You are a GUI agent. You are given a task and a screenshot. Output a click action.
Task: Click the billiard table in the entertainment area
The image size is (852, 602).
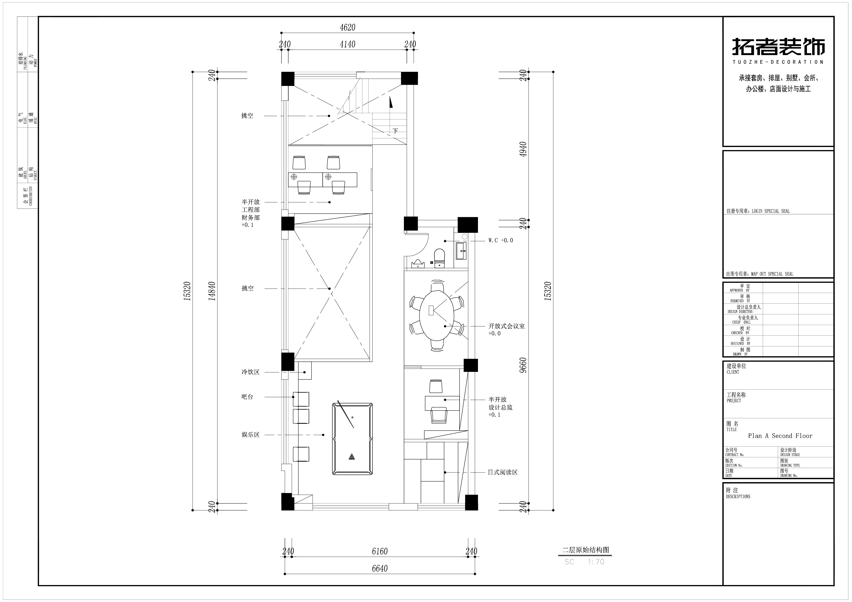coord(352,439)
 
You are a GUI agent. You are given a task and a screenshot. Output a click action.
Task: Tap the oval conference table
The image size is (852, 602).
coord(437,316)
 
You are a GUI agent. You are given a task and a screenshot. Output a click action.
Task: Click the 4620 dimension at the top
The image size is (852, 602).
coord(347,27)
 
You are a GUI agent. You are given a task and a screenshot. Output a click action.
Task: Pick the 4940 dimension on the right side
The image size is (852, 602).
coord(523,149)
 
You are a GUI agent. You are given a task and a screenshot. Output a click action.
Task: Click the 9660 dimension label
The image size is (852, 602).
coord(523,365)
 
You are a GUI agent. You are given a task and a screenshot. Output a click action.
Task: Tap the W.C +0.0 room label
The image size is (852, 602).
coord(501,240)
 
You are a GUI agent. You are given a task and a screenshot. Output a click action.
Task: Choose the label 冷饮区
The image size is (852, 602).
coord(250,372)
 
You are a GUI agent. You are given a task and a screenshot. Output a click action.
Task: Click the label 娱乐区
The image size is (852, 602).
coord(250,435)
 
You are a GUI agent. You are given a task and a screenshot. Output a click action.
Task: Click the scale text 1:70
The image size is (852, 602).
coord(596,562)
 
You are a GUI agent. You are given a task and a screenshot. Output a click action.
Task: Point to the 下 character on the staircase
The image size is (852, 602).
coord(396,131)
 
